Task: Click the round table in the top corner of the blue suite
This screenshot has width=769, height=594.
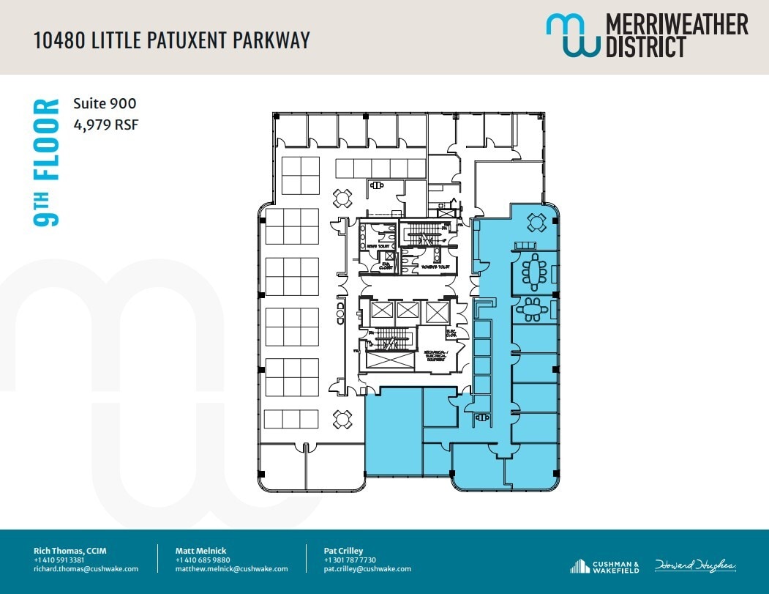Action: pos(537,223)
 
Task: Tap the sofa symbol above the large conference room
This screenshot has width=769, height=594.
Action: pos(525,245)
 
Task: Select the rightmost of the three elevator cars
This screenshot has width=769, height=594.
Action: pos(435,313)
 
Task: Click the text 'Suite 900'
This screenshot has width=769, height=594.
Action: pos(105,104)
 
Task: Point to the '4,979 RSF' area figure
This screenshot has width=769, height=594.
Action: pos(105,125)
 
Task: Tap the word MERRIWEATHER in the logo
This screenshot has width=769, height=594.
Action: pos(677,24)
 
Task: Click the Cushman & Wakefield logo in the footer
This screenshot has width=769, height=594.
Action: pos(604,566)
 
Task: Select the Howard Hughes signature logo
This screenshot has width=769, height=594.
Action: pos(695,565)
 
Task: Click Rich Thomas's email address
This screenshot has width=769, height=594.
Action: pos(86,569)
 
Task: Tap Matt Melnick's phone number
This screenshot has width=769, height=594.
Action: pos(203,560)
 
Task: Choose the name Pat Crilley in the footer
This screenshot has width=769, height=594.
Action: pos(343,551)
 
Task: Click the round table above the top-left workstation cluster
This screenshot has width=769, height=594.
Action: pos(342,198)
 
